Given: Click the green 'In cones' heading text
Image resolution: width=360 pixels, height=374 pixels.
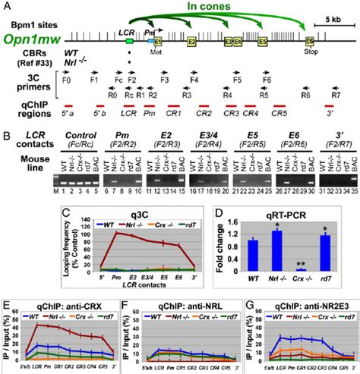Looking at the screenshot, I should click(x=226, y=10).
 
